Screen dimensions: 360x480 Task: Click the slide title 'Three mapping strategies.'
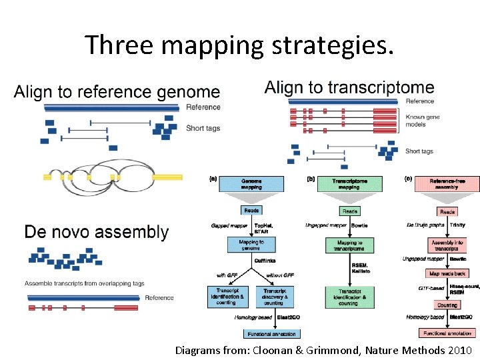[239, 45]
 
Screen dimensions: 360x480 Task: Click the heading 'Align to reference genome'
[117, 92]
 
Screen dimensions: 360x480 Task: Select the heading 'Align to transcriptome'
[349, 87]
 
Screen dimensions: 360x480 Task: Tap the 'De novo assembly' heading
[97, 232]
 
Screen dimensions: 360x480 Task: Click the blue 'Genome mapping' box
[251, 183]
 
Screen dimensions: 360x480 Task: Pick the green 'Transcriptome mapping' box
[349, 183]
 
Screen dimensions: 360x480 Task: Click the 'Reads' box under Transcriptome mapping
[349, 211]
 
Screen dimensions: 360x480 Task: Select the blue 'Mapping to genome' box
[251, 245]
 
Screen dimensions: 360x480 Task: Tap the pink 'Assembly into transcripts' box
[447, 245]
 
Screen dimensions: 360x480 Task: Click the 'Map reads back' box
[447, 273]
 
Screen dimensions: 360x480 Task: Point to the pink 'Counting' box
[447, 305]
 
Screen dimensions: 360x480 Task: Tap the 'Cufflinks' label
[264, 261]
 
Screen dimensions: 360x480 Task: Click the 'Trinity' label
[457, 225]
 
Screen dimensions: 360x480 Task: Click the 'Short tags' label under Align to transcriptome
[419, 151]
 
